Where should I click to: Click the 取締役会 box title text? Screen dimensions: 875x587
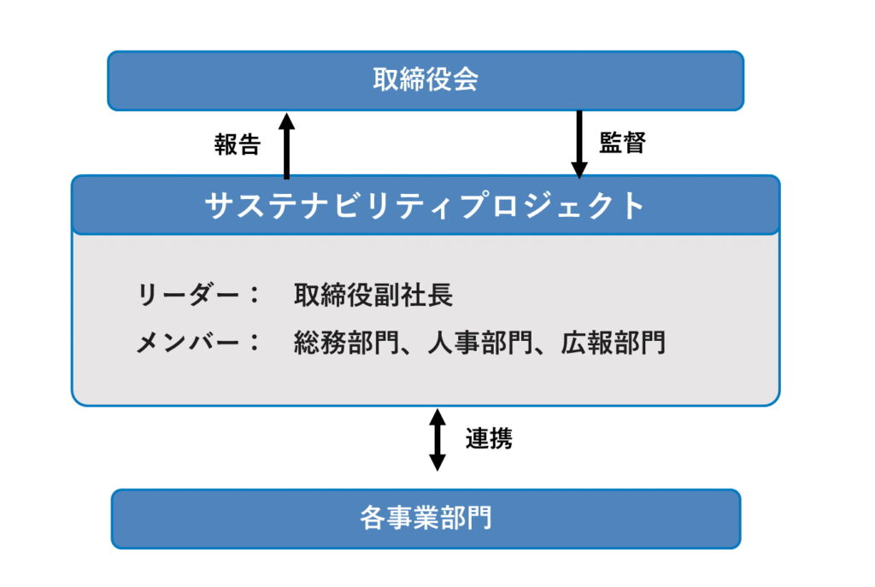click(x=426, y=79)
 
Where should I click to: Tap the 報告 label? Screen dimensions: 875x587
click(x=238, y=144)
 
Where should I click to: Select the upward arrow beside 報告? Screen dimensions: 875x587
click(x=287, y=145)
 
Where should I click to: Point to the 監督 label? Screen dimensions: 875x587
click(x=623, y=143)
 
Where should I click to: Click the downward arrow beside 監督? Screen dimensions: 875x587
click(x=579, y=144)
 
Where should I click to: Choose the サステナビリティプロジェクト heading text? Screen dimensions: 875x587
click(x=426, y=205)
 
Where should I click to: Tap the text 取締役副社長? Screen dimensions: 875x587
click(x=373, y=295)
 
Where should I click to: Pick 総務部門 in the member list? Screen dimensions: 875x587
click(x=347, y=343)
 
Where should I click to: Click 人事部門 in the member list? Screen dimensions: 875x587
click(x=480, y=343)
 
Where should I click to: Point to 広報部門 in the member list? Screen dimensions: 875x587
click(x=614, y=343)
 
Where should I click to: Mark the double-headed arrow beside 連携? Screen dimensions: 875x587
click(x=437, y=440)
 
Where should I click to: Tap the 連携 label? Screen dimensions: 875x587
click(x=489, y=438)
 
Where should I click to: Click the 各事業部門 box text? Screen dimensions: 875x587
click(x=426, y=519)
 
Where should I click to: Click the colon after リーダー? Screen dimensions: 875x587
click(x=255, y=295)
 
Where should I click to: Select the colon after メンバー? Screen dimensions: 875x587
click(x=255, y=342)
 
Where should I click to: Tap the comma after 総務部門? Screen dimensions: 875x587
click(x=408, y=350)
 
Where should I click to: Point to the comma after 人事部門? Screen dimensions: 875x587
click(x=541, y=350)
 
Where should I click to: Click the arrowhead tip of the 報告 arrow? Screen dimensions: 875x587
click(x=287, y=114)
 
